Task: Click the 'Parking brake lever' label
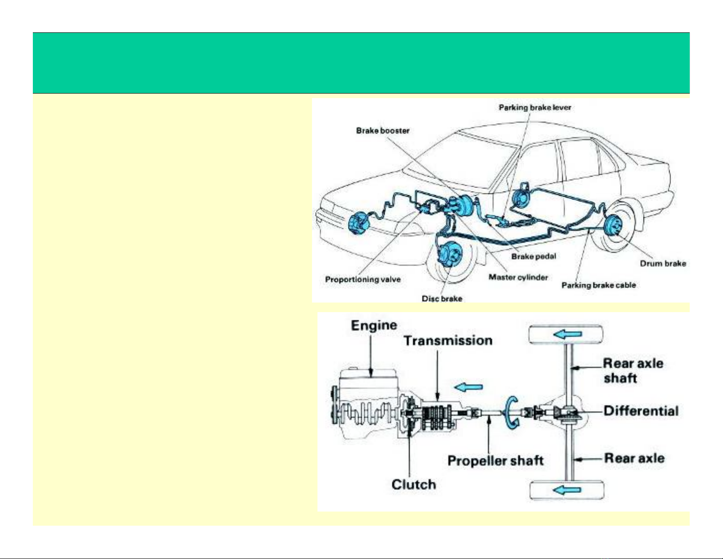[x=535, y=108]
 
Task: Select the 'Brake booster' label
[x=383, y=131]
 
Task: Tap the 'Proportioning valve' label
[x=363, y=279]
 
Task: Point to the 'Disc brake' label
[x=442, y=298]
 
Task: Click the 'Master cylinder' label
[x=518, y=277]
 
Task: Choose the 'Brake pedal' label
[x=534, y=256]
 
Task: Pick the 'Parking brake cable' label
[x=598, y=285]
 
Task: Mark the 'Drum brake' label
[x=663, y=264]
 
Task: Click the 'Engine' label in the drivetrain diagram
[x=374, y=325]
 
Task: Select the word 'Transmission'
[x=448, y=341]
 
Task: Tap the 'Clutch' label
[x=414, y=485]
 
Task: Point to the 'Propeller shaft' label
[x=495, y=461]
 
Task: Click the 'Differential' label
[x=641, y=411]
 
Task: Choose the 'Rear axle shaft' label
[x=633, y=371]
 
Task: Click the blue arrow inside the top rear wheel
[x=567, y=334]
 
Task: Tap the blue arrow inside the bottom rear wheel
[x=567, y=490]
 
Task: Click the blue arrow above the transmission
[x=468, y=387]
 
